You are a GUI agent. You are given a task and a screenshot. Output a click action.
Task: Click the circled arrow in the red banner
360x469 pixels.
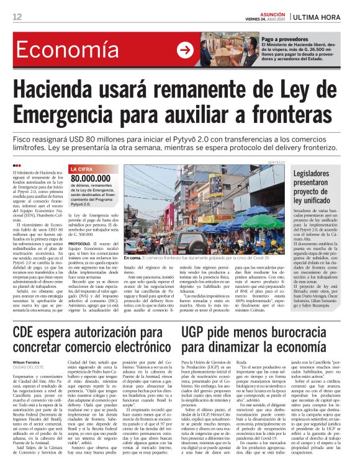point(185,50)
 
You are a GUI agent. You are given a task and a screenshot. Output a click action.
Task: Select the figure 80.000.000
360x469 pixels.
point(94,178)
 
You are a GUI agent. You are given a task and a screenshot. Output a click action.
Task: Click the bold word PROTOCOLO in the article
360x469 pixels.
point(81,244)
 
